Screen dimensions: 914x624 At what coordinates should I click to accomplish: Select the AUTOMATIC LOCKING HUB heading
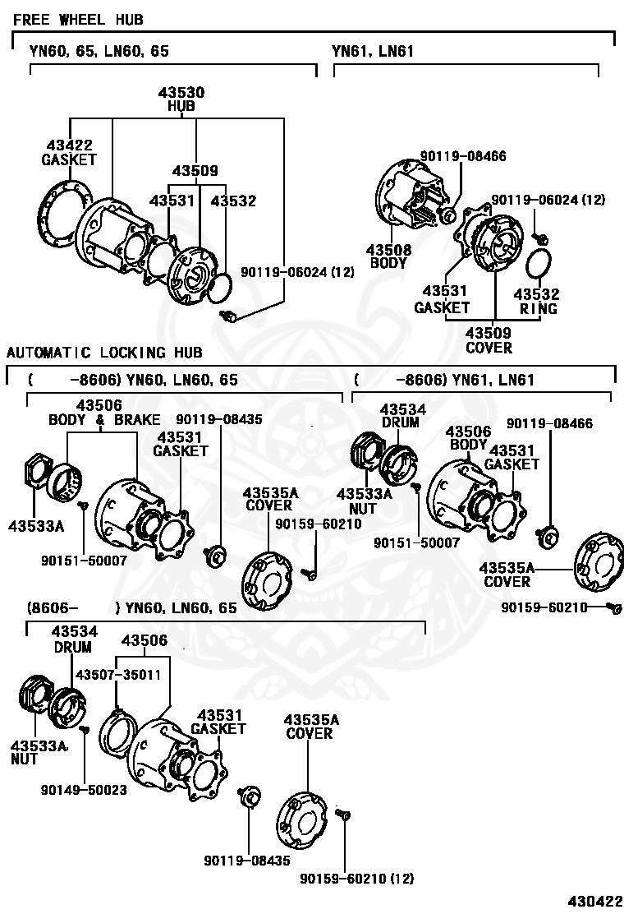click(104, 353)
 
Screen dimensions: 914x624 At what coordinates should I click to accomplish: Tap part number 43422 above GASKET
click(69, 145)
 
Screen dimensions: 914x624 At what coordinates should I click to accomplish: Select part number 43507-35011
click(118, 674)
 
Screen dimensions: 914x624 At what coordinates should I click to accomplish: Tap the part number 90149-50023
click(84, 789)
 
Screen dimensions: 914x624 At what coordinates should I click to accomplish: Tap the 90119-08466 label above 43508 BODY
click(463, 155)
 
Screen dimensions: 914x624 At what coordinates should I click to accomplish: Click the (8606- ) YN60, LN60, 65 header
click(131, 608)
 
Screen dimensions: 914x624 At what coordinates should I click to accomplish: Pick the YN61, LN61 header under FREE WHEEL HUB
click(373, 51)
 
